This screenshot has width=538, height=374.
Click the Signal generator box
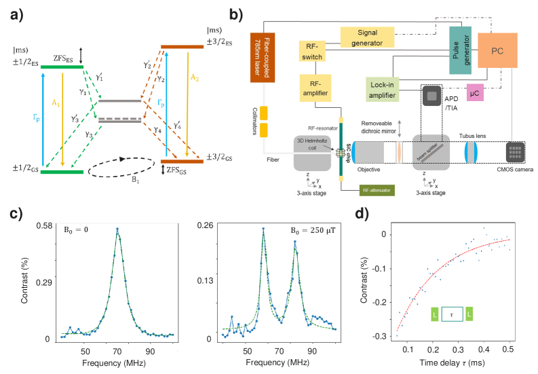click(370, 37)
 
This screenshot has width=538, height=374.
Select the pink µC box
click(475, 94)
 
